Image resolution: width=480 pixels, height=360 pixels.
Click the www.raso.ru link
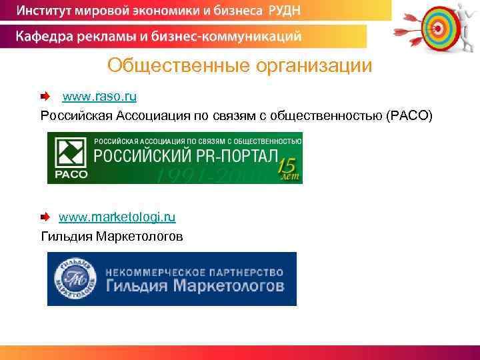pos(99,97)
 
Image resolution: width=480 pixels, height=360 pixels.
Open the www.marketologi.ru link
pos(117,217)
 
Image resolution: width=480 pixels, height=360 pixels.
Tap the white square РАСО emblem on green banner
pos(67,153)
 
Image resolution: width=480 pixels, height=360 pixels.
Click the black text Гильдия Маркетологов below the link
pos(112,236)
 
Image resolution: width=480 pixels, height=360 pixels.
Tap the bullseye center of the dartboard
pos(437,27)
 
